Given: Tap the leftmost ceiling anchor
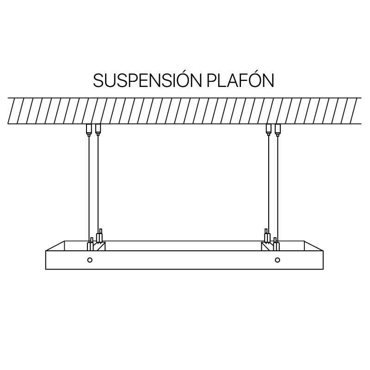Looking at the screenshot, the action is click(x=89, y=130).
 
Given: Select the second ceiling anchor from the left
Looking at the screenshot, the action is click(x=98, y=130).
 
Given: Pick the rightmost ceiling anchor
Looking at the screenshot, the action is click(x=278, y=130).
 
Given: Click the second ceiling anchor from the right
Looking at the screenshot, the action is click(x=269, y=130).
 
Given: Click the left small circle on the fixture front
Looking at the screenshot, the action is click(x=90, y=260).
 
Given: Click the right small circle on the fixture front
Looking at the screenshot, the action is click(x=277, y=260).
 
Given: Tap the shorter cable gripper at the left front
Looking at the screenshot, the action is click(x=90, y=244).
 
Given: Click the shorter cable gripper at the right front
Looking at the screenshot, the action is click(x=276, y=244).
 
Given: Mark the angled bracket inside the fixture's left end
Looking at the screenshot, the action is click(x=99, y=246).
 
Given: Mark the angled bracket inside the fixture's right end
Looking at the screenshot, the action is click(x=268, y=246).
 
